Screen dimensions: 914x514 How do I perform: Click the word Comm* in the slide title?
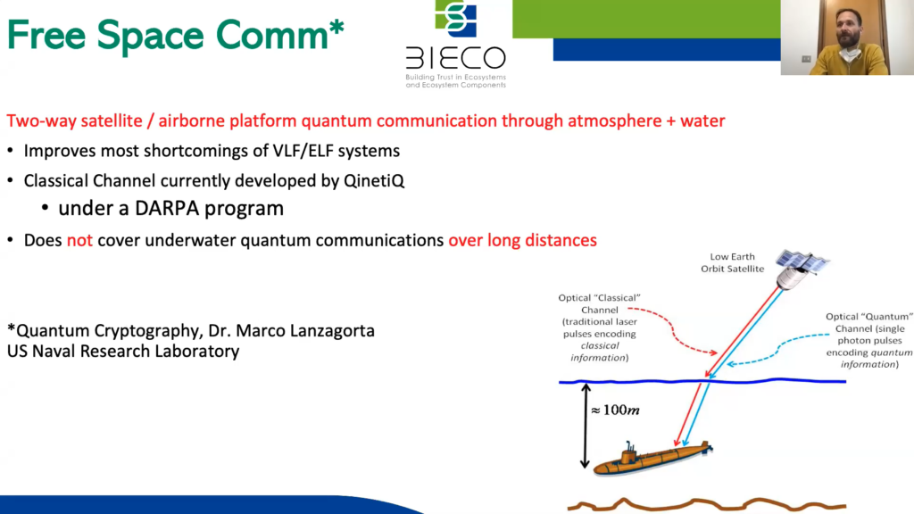point(279,35)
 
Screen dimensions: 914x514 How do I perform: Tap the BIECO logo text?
point(456,58)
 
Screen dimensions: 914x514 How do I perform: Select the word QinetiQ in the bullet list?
point(374,180)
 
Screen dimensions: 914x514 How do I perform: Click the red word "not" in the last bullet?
point(79,240)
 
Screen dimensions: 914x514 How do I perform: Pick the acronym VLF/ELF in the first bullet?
point(303,151)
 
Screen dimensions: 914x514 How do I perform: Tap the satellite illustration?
point(802,268)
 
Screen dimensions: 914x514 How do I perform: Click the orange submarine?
point(652,458)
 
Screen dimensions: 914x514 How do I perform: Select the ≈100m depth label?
point(616,410)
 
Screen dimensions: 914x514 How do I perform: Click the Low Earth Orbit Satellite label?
point(732,262)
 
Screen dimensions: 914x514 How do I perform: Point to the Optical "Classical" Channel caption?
point(599,327)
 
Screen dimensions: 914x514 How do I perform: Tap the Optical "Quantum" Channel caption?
point(869,340)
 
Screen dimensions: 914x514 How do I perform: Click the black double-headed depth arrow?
point(586,426)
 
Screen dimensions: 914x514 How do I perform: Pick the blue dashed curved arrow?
point(777,349)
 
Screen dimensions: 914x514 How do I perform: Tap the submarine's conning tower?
point(629,451)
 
